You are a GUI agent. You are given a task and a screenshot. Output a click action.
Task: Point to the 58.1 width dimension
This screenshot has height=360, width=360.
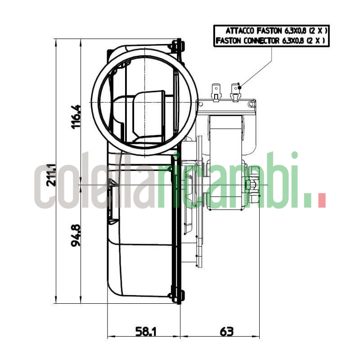click(x=146, y=332)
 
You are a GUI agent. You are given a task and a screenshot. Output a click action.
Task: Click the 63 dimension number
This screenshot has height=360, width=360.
click(x=226, y=332)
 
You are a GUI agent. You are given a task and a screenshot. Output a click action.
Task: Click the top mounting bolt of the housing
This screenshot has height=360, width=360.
click(x=176, y=45)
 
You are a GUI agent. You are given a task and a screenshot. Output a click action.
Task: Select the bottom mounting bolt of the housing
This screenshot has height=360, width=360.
click(x=176, y=296)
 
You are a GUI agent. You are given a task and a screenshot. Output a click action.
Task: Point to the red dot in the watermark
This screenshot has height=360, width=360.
click(x=321, y=200)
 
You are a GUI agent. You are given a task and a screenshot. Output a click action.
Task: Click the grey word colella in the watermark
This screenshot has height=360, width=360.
click(x=94, y=184)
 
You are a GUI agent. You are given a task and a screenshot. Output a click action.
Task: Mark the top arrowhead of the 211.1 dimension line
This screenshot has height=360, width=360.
click(x=56, y=42)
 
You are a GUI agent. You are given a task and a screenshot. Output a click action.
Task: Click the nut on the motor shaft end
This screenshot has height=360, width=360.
click(x=252, y=185)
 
